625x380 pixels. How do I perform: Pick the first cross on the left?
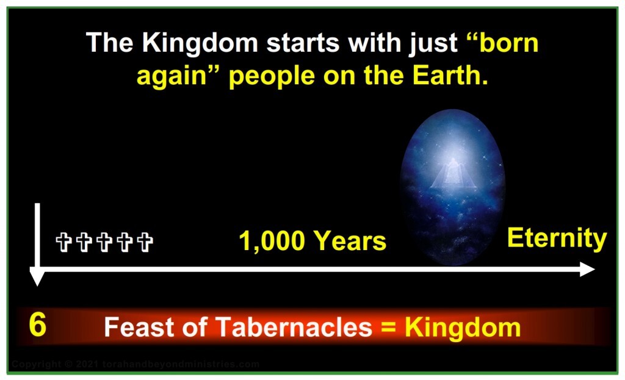tap(63, 242)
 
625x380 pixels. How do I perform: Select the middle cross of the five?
tap(104, 242)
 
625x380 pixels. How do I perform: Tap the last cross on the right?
tap(145, 242)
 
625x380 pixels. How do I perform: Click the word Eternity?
tap(557, 238)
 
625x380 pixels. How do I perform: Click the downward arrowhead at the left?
tap(38, 278)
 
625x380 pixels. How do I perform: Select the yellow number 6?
tap(37, 326)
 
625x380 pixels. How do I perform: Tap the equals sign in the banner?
tap(388, 328)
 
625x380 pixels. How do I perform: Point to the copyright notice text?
tap(135, 365)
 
